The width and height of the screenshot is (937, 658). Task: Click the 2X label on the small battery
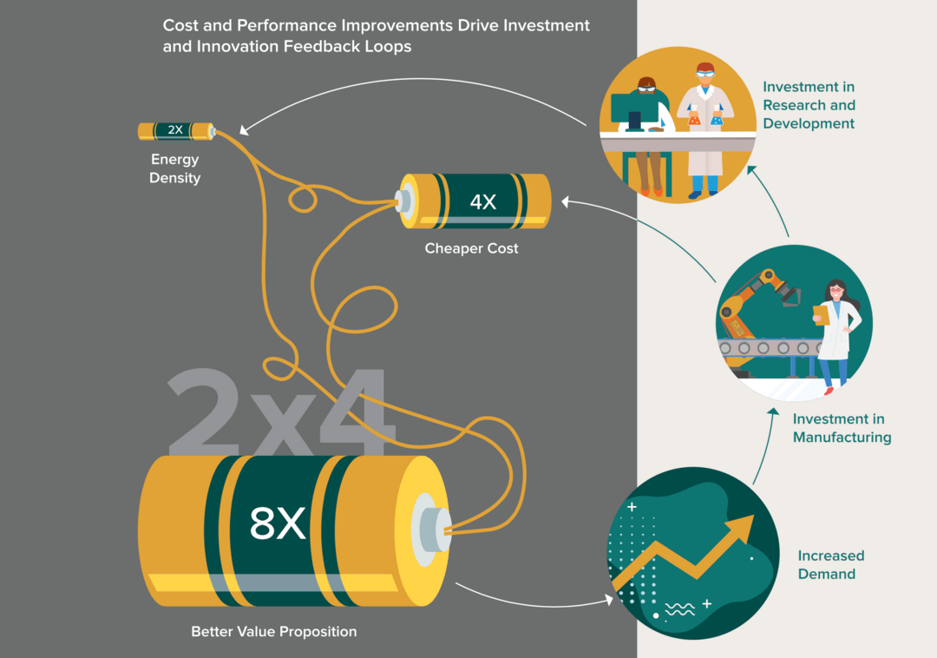tap(175, 129)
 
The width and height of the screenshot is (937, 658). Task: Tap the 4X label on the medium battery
tap(483, 201)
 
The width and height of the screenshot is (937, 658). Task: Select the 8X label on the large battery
tap(278, 523)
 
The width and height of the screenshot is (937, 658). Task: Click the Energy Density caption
tap(174, 168)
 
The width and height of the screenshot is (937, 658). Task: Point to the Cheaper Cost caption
tap(471, 248)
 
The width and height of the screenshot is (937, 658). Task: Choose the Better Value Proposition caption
tap(273, 632)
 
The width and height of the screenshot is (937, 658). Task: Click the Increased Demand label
tap(830, 565)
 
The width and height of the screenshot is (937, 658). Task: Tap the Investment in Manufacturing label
tap(842, 428)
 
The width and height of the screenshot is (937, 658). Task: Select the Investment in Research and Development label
tap(809, 105)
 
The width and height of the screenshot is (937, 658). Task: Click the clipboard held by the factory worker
tap(822, 315)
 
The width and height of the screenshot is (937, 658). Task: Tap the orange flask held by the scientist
tap(694, 120)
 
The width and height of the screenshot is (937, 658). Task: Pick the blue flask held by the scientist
tap(717, 120)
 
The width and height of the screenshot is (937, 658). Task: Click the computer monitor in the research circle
tap(633, 110)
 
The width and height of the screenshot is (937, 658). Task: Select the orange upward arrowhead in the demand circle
tap(741, 529)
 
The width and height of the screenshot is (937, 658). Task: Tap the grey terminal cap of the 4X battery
tap(404, 201)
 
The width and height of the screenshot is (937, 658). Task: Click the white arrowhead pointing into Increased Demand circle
tap(609, 600)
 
